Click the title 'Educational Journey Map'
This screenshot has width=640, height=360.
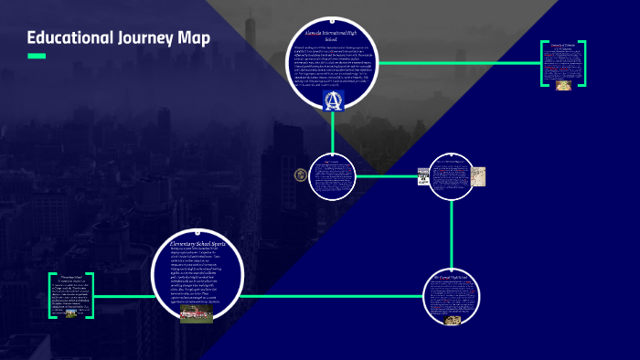click(x=119, y=38)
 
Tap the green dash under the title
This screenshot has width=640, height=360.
click(x=37, y=57)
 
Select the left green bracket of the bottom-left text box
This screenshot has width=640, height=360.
click(x=51, y=294)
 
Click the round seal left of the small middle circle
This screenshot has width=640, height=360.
click(x=300, y=175)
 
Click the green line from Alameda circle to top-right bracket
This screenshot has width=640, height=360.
click(x=457, y=63)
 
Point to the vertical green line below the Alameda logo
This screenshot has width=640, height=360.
click(x=333, y=132)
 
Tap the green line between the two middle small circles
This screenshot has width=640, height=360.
click(x=388, y=175)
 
